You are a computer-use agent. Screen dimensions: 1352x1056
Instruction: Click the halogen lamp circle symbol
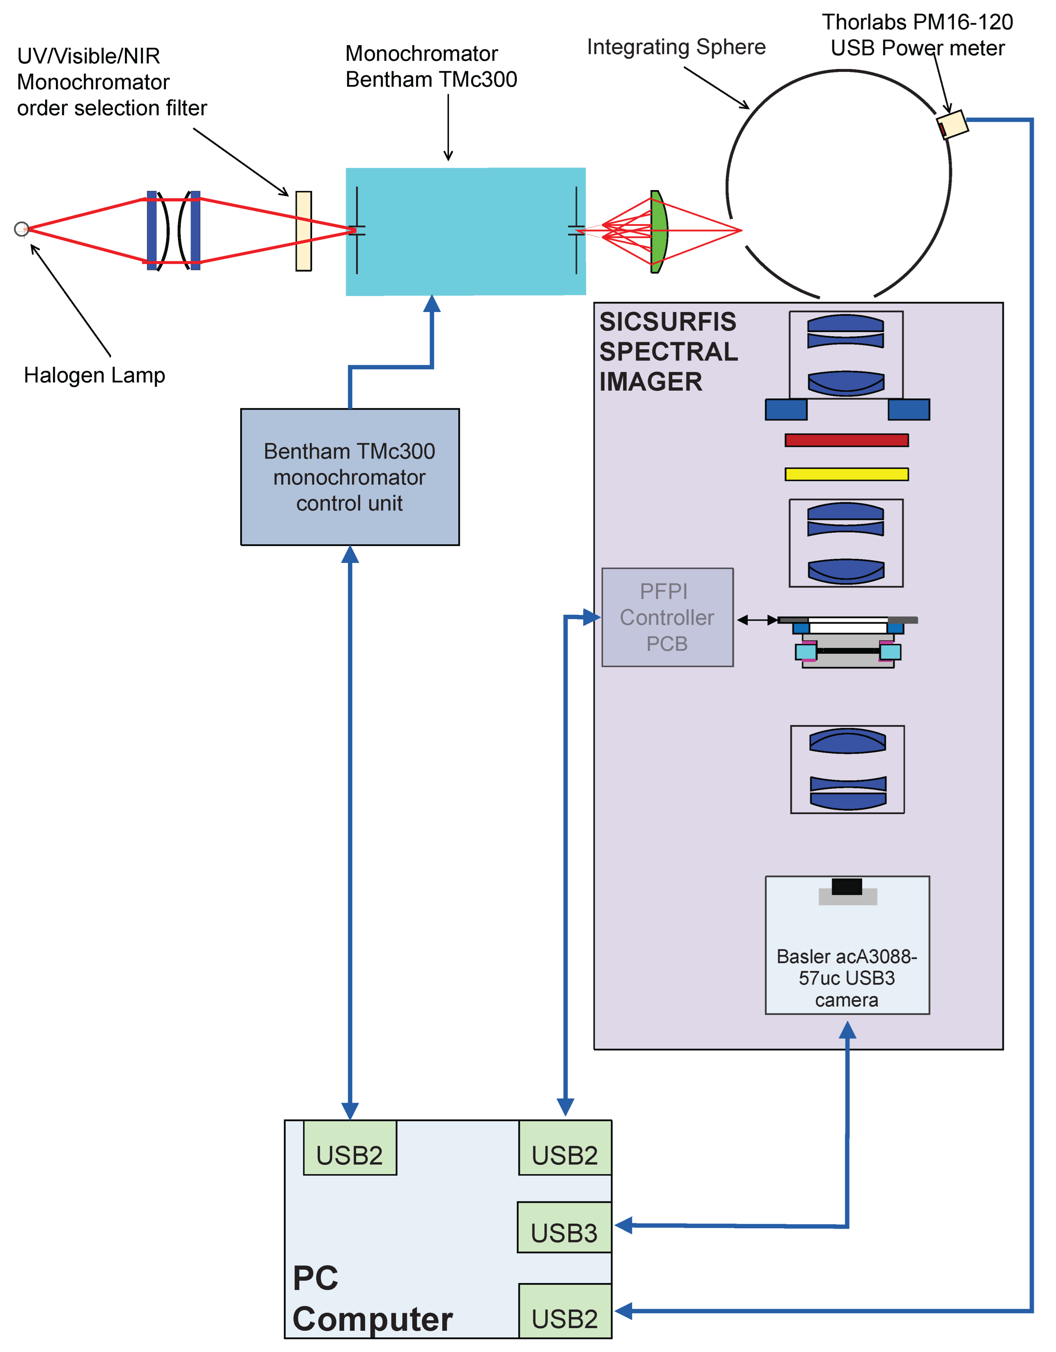(21, 229)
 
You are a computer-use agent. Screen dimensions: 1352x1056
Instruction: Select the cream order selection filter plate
(304, 231)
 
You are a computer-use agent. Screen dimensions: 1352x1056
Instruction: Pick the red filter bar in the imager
(846, 440)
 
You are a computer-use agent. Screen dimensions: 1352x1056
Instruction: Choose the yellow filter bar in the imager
(846, 474)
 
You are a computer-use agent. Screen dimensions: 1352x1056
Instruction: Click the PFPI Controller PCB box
(667, 617)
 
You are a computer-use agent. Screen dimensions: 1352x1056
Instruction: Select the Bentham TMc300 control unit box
(350, 477)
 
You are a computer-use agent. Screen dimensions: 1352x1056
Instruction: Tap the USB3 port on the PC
(564, 1227)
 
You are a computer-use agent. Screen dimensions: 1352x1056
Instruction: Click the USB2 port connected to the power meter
(565, 1311)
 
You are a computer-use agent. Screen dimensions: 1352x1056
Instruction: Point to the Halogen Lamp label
(94, 375)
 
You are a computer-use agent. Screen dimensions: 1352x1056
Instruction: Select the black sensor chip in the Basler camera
(847, 886)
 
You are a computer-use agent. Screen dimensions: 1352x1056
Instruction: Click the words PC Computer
(372, 1299)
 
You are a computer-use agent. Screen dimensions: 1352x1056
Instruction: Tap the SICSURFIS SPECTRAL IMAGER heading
(668, 352)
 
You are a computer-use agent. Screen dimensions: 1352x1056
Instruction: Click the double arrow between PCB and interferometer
(757, 620)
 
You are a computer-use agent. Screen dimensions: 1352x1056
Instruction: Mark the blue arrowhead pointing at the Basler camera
(847, 1030)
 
